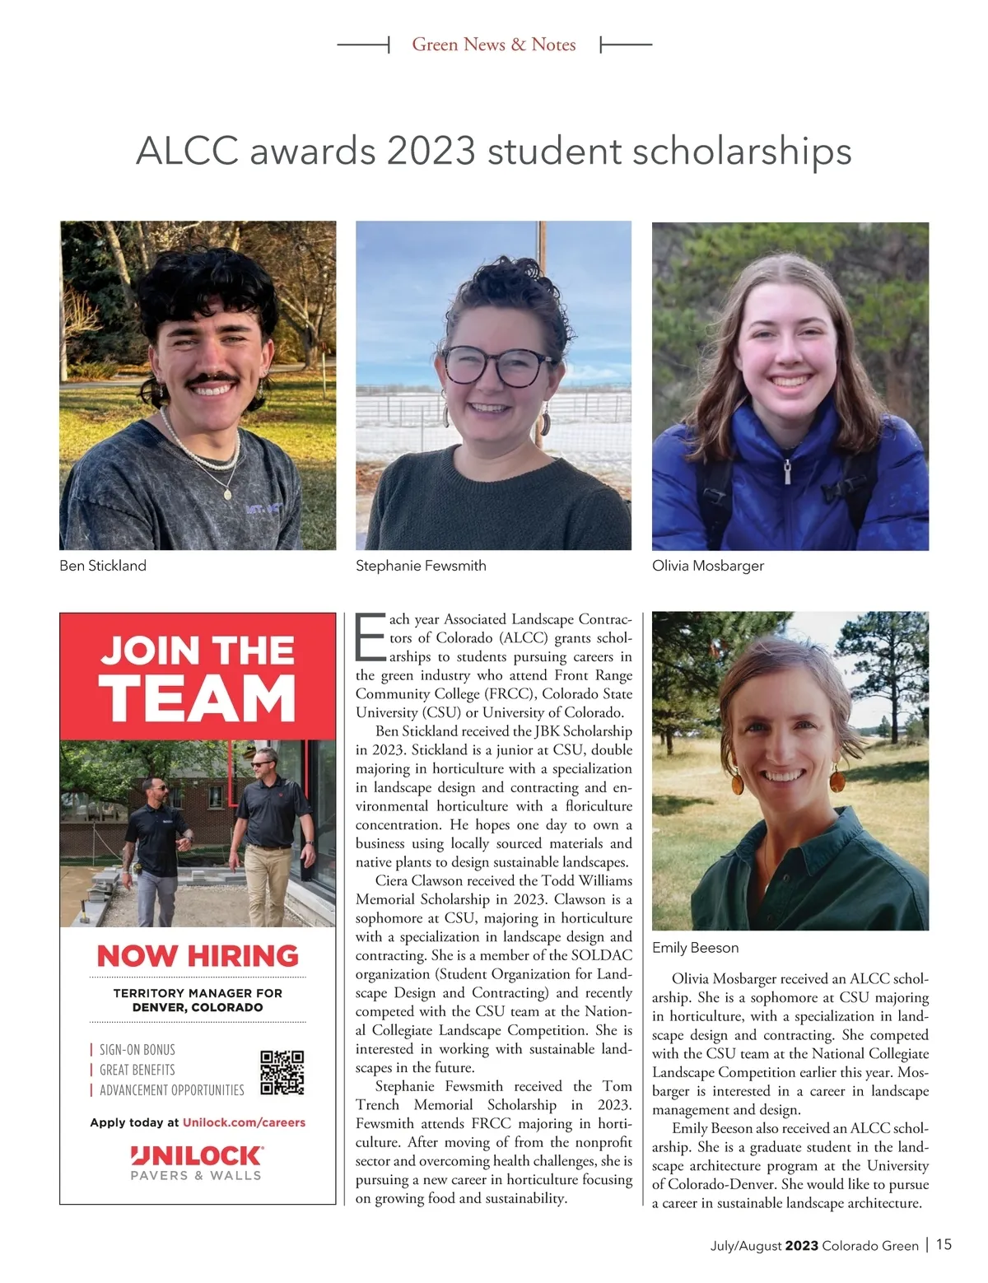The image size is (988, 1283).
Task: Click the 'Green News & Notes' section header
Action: coord(494,44)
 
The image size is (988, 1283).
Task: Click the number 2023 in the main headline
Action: coord(431,152)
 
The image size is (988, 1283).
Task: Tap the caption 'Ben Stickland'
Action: coord(103,566)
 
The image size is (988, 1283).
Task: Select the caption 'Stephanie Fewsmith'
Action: coord(421,566)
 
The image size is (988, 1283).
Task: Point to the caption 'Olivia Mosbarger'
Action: coord(708,566)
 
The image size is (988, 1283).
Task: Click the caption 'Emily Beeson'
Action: coord(695,948)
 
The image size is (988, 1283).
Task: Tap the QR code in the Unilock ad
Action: coord(282,1072)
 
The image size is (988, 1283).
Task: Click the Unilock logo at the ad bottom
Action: coord(197,1155)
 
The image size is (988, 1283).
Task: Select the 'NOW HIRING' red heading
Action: coord(198,955)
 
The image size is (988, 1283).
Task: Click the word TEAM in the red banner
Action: coord(198,698)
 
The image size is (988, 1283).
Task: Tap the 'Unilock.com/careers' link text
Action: coord(244,1122)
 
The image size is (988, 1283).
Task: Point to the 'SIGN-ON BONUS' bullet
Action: coord(137,1050)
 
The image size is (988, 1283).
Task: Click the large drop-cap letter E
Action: coord(370,637)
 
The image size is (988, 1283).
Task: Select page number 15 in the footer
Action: coord(944,1244)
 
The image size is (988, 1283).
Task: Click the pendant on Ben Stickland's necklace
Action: coord(228,494)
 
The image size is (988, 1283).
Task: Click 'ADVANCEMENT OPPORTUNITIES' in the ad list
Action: coord(171,1090)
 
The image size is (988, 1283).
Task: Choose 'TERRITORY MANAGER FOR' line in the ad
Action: coord(198,993)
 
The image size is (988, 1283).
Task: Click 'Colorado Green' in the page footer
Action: coord(869,1245)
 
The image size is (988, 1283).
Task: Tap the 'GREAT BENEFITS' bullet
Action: coord(137,1070)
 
